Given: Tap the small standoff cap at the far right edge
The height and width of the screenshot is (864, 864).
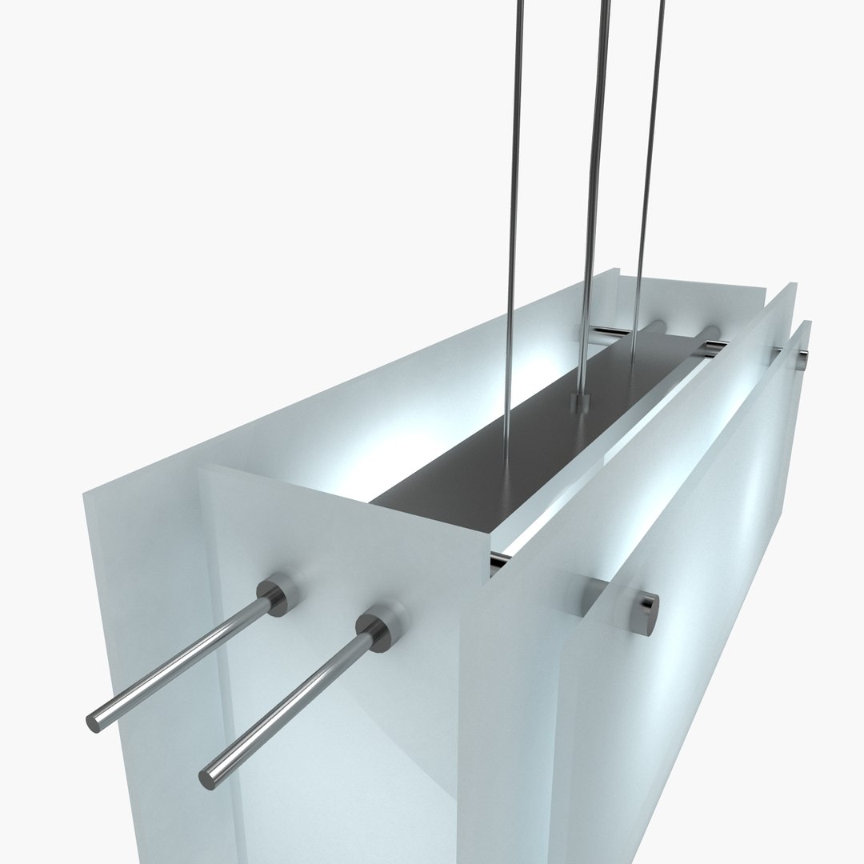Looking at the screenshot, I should pos(801,362).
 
